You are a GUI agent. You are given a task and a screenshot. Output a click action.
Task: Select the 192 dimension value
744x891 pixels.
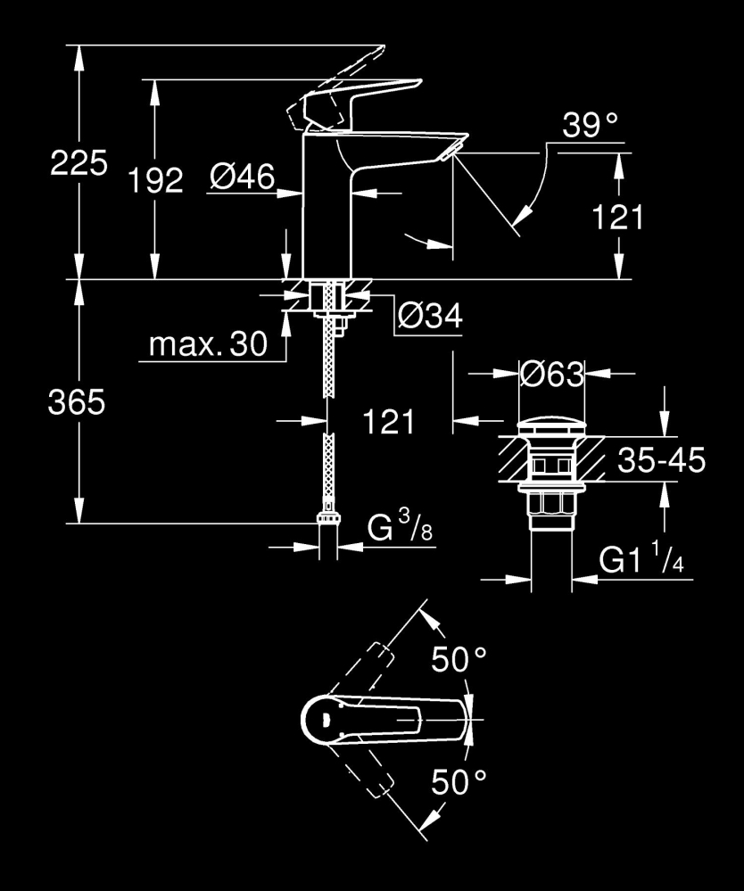[154, 181]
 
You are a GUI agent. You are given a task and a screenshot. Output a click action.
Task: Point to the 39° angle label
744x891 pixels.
[590, 127]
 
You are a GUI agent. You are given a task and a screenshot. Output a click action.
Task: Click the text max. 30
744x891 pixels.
[208, 345]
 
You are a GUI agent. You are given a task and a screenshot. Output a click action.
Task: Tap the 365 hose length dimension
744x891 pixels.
[77, 403]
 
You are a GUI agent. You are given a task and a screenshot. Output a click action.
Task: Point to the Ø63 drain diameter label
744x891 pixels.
[551, 375]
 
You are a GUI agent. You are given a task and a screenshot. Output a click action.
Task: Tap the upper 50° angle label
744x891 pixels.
[459, 660]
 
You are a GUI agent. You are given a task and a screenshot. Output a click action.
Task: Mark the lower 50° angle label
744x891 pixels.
[459, 782]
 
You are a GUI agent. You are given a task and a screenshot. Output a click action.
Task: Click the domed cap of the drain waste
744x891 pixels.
[551, 425]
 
